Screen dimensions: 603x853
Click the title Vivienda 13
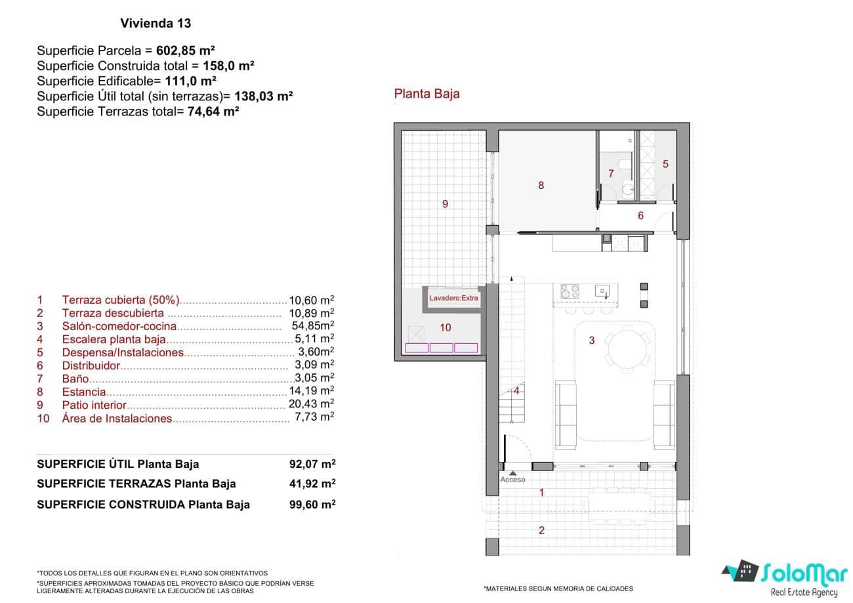tap(156, 24)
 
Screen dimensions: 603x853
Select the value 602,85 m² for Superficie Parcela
tap(186, 51)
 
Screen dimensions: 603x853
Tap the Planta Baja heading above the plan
tap(427, 94)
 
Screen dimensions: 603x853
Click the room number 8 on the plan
tap(541, 186)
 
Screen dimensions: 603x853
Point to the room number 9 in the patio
tap(445, 204)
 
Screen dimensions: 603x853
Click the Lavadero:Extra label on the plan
tap(454, 298)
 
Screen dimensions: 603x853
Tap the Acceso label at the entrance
tap(512, 480)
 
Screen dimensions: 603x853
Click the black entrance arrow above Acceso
tap(512, 472)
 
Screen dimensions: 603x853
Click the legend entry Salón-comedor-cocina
tap(119, 326)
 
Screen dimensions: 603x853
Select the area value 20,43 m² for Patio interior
tap(312, 404)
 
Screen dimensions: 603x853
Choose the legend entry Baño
tap(75, 379)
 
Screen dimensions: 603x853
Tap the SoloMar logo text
tap(804, 573)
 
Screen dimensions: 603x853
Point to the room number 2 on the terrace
tap(541, 531)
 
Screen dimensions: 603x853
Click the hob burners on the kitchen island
tap(570, 291)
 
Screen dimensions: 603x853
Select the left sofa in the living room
tap(565, 415)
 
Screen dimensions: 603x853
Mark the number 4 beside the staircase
tap(517, 391)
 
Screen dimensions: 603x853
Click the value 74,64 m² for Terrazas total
tap(213, 111)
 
